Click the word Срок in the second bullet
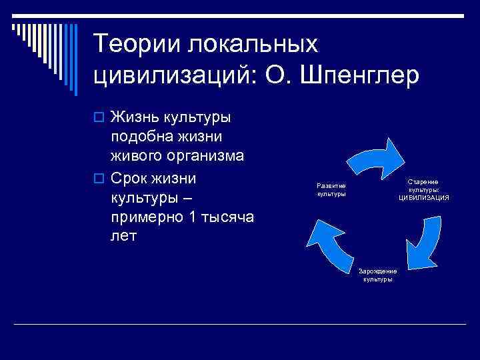point(131,179)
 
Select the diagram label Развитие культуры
point(331,189)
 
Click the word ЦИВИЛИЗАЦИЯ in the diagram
point(424,197)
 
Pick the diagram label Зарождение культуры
point(377,275)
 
